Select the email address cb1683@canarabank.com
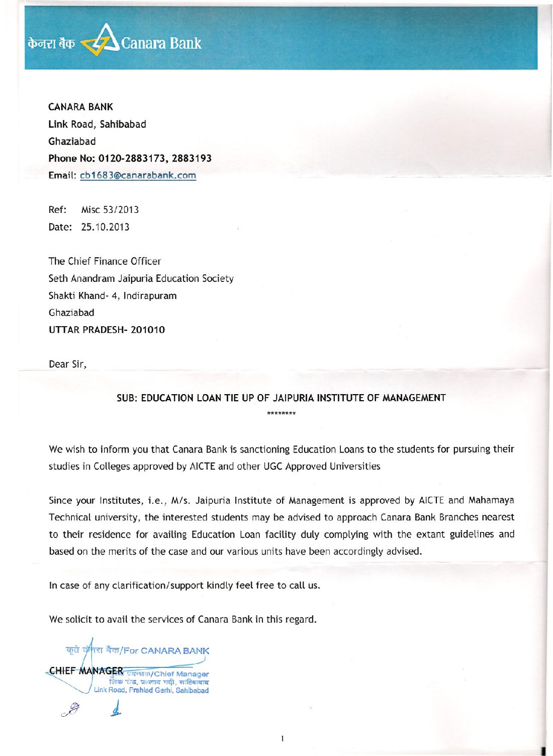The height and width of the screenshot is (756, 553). [x=138, y=175]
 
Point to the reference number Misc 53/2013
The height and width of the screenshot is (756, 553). [x=110, y=209]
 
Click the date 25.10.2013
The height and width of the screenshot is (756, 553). [x=105, y=227]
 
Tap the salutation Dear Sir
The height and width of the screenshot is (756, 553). [x=67, y=364]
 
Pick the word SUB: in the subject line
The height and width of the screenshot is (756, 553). [x=127, y=398]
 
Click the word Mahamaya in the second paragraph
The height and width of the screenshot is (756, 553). [x=491, y=500]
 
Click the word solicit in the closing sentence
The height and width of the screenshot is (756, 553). [x=78, y=619]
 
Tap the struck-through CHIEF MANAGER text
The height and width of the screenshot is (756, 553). [x=86, y=670]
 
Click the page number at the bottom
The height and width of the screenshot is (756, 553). [x=282, y=739]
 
